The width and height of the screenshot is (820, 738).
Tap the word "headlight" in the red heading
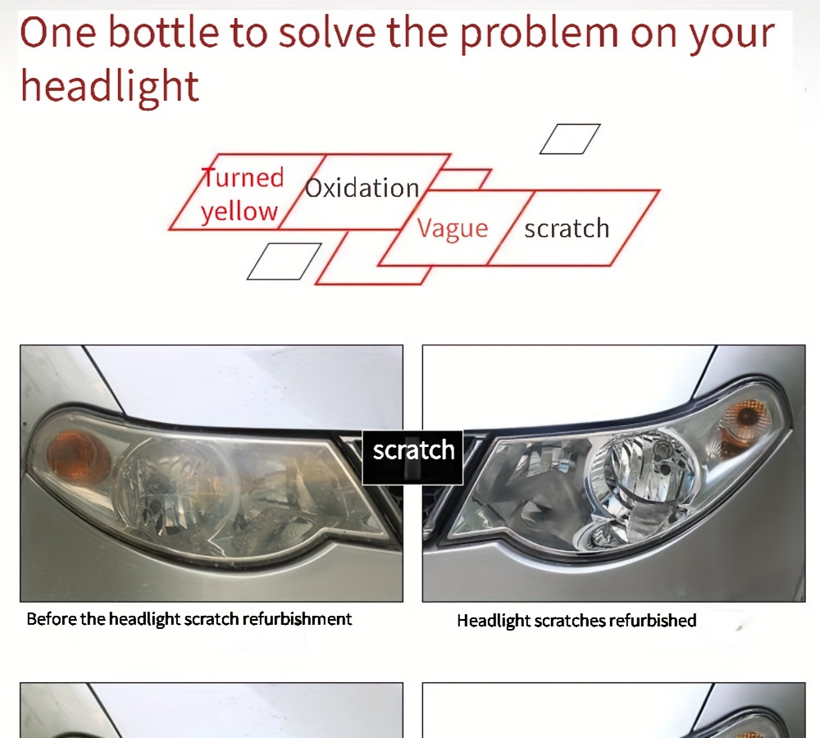[x=110, y=85]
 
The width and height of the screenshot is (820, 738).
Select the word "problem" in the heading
[x=540, y=35]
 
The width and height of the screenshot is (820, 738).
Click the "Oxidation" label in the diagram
[x=362, y=188]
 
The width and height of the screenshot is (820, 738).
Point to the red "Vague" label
[x=453, y=229]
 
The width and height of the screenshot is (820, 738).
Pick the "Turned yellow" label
[x=242, y=194]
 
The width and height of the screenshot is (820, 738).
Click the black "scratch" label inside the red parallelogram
[x=567, y=229]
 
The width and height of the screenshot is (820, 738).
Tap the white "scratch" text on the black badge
[x=413, y=450]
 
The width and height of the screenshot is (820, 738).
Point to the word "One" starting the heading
[x=58, y=33]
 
